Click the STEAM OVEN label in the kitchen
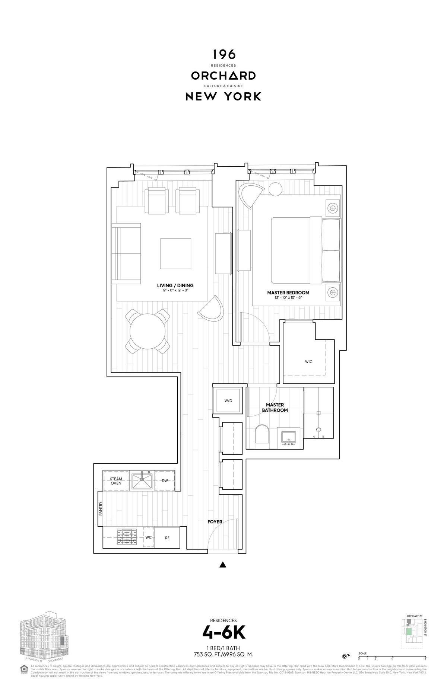point(116,481)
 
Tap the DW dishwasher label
point(165,480)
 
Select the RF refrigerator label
point(167,537)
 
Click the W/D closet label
point(228,400)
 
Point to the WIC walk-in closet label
point(308,361)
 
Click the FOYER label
point(215,521)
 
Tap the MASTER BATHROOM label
point(275,407)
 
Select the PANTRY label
point(101,509)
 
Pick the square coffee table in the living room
point(176,253)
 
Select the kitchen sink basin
point(142,481)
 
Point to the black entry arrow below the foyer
point(223,565)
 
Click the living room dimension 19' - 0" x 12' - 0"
point(175,290)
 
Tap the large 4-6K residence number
point(223,632)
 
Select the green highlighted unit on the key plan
point(409,631)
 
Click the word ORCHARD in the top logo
point(223,76)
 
